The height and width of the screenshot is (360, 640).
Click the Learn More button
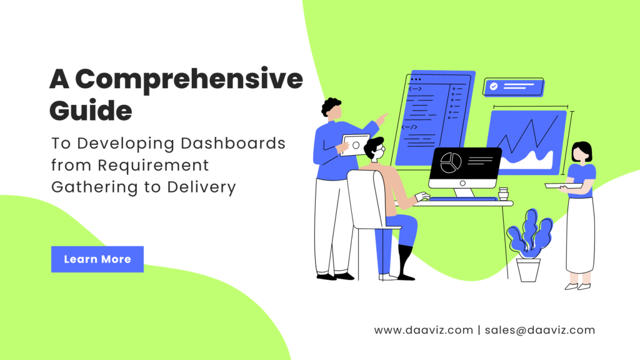97,259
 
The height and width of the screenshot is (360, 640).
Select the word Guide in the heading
91,111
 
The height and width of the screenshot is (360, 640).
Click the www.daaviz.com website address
424,330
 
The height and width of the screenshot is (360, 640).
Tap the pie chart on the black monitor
451,162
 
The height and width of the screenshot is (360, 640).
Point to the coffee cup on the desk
503,194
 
